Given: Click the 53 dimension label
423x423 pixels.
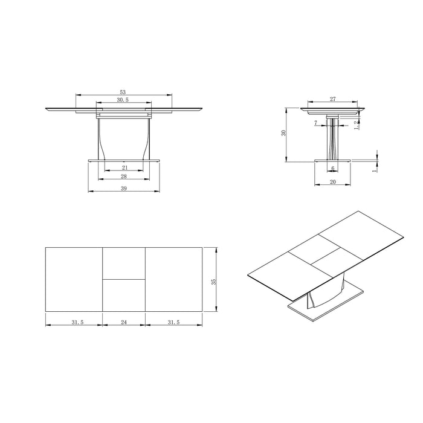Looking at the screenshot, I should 123,91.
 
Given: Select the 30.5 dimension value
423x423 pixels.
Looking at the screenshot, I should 123,100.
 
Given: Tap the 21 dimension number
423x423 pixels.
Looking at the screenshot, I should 124,167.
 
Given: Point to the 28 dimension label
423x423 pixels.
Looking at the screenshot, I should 124,176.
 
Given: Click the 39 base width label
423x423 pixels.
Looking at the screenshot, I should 124,189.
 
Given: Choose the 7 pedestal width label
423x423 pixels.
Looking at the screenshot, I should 316,123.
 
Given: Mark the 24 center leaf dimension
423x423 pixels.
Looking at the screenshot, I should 124,323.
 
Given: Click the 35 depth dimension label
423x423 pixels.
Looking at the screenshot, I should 213,282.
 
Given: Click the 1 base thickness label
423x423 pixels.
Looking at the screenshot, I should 375,170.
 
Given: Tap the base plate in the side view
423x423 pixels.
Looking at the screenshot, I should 332,160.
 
